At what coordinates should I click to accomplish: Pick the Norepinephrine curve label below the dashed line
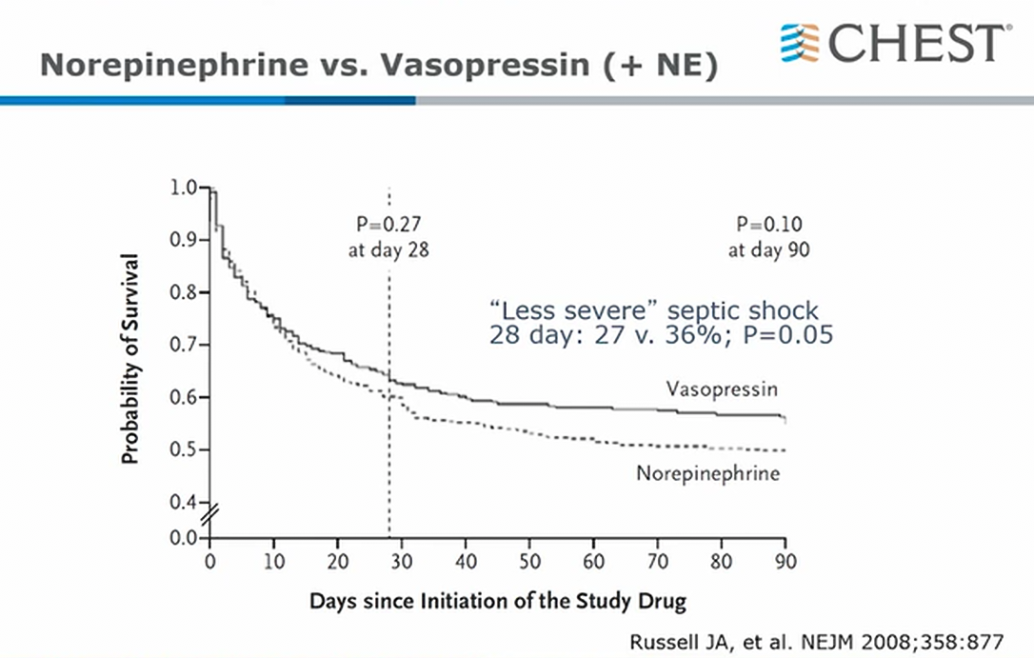tap(707, 473)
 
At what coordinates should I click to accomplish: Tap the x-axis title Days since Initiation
tap(497, 601)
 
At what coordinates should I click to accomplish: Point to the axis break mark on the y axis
tap(210, 518)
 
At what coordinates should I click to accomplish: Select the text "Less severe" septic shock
tap(653, 310)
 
